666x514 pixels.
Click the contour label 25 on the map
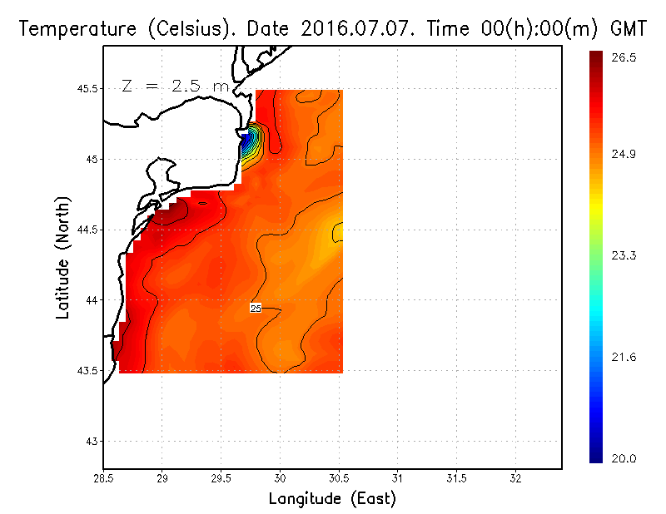256,309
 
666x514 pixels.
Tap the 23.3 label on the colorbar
624,255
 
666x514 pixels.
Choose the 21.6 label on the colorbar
624,357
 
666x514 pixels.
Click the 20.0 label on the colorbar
624,458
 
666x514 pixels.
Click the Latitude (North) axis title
63,258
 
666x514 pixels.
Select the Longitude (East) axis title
332,499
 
